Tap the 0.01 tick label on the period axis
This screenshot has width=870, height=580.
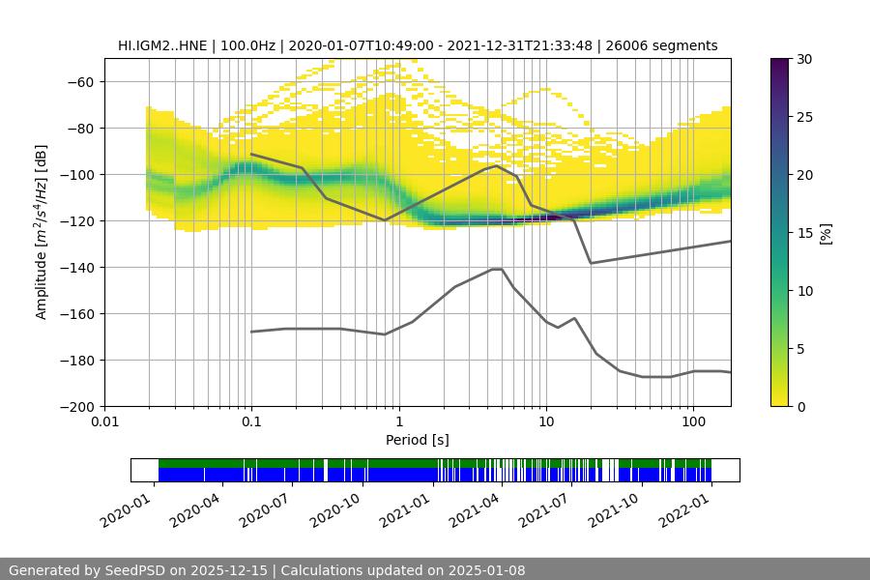pyautogui.click(x=104, y=422)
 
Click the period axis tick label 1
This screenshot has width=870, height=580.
pyautogui.click(x=398, y=422)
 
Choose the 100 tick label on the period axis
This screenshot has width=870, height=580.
pyautogui.click(x=693, y=422)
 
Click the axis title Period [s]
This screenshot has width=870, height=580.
pyautogui.click(x=418, y=441)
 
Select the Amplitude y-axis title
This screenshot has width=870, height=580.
pyautogui.click(x=42, y=232)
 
